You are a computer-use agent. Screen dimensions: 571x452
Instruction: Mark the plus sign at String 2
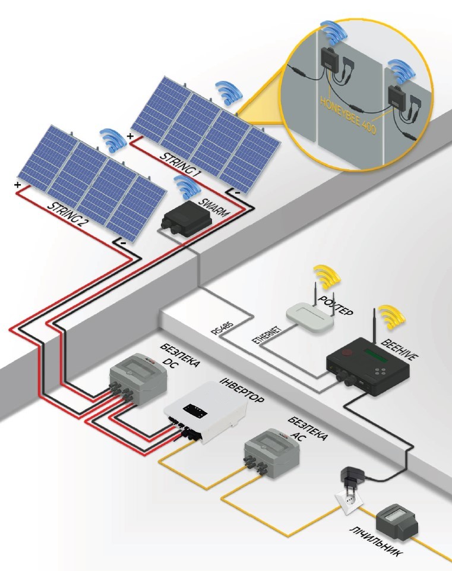(x=17, y=186)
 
